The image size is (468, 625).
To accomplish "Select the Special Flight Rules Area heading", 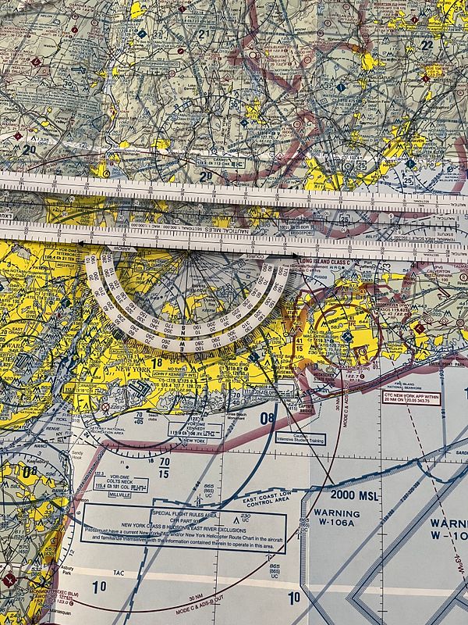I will click(183, 514).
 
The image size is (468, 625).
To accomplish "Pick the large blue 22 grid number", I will click(426, 45).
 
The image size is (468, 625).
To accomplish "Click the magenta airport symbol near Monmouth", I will click(9, 580).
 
